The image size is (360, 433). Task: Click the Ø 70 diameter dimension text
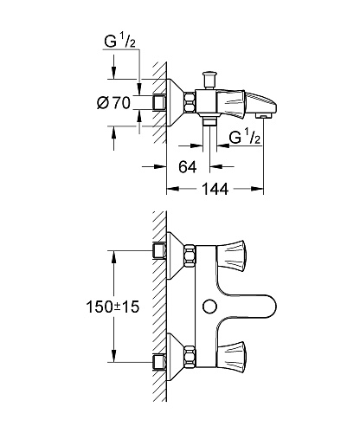113,103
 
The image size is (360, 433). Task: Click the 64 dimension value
187,167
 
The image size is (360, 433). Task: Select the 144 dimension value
215,189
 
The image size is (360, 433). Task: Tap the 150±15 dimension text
112,307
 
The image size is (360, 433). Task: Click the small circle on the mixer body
209,307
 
